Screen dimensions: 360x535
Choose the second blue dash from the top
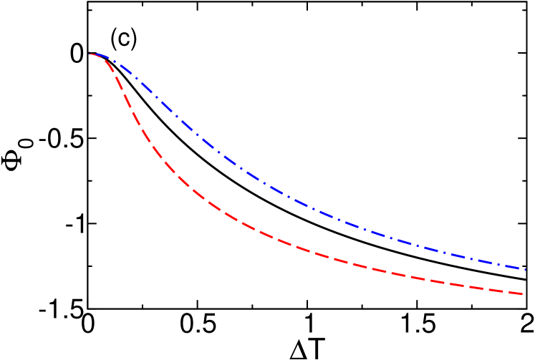(x=126, y=69)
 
